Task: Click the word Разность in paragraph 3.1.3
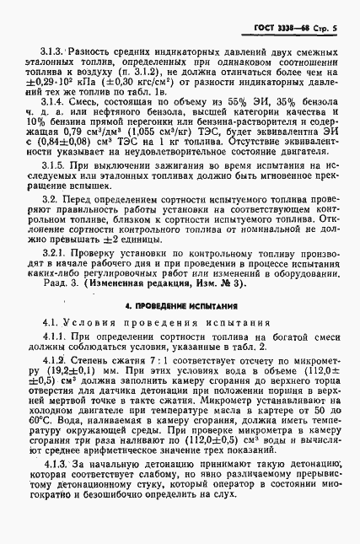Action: pos(93,52)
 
